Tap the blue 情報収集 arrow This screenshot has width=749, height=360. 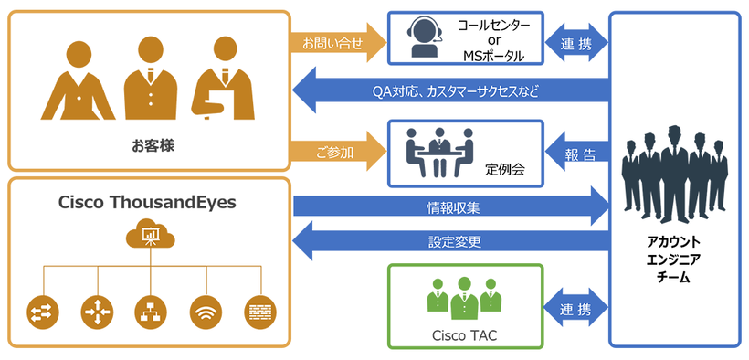click(451, 206)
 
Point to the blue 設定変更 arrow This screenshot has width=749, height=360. click(451, 242)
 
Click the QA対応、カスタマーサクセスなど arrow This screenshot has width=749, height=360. click(451, 91)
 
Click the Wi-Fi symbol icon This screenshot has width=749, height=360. click(205, 312)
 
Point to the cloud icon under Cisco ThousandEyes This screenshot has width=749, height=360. click(149, 236)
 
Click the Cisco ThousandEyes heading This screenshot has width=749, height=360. click(149, 202)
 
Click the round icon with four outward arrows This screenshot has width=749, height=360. click(95, 312)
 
